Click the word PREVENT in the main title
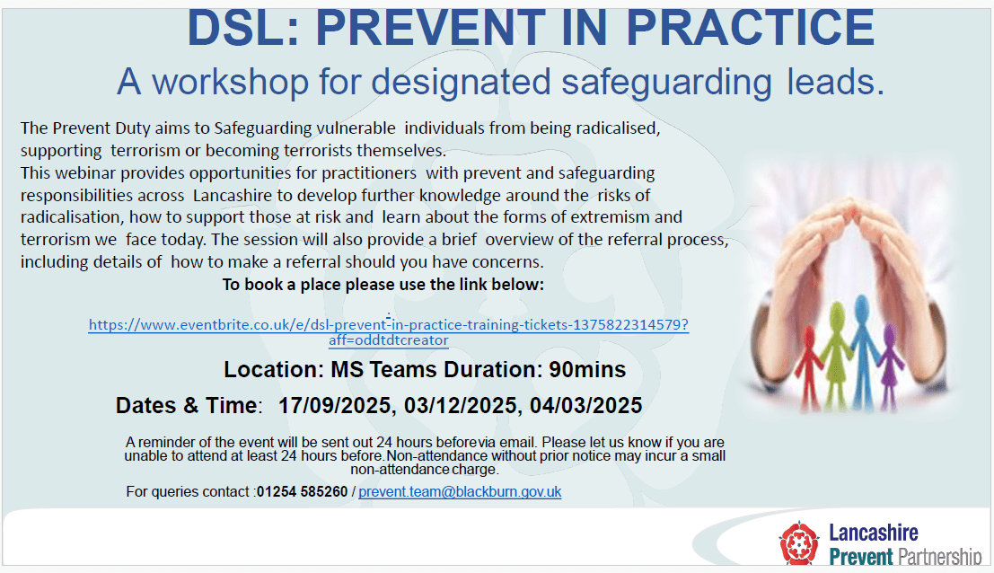coord(430,29)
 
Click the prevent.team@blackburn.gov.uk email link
coord(460,492)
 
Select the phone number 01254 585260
coord(303,492)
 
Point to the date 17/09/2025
coord(335,405)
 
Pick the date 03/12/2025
coord(461,405)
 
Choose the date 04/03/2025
coord(586,405)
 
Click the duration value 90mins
coord(587,369)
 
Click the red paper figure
coord(810,367)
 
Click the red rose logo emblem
coord(799,542)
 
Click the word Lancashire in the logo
coord(874,533)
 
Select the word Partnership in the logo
coord(940,557)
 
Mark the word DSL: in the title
coord(243,29)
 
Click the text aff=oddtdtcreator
coord(388,340)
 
